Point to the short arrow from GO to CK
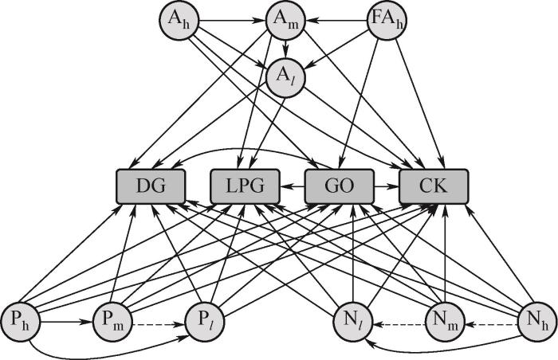click(x=387, y=188)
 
